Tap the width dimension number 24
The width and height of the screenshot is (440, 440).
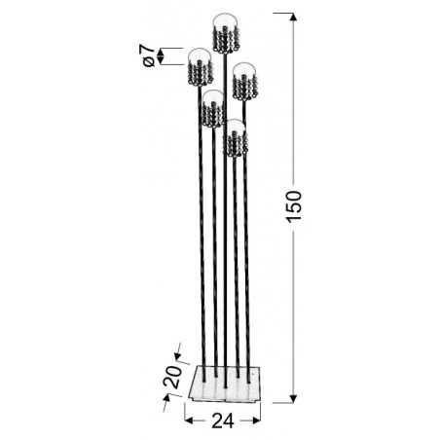(223, 421)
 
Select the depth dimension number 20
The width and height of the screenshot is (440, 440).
(173, 376)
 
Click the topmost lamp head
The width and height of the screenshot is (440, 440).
(225, 34)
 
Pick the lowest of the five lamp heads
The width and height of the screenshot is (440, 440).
(235, 138)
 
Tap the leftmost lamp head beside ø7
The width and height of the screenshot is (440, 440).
(200, 66)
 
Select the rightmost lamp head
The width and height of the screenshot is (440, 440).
(243, 80)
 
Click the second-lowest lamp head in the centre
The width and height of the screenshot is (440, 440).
(212, 108)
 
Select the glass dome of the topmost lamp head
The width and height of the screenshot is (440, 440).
(225, 22)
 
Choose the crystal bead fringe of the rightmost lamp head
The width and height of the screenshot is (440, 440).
(243, 88)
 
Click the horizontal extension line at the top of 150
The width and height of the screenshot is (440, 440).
(282, 13)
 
